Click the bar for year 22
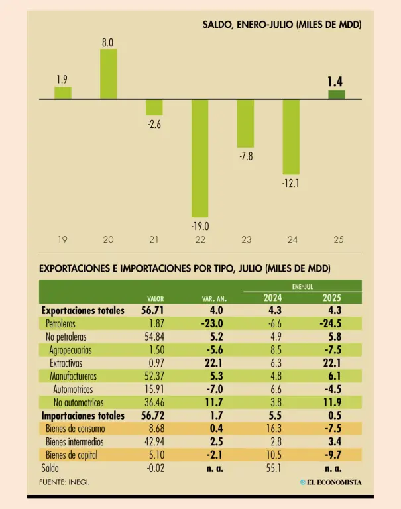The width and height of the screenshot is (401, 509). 200,158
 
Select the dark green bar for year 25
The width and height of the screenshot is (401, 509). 337,95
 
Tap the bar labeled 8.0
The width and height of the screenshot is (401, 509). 108,74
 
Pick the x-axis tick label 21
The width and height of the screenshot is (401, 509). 154,239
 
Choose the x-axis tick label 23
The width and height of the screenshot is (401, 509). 246,239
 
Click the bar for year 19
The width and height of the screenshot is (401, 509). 63,93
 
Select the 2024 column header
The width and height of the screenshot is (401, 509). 273,298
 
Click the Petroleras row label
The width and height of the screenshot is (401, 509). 60,323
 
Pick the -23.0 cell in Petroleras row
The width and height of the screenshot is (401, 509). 211,323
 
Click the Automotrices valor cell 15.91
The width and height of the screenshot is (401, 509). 152,389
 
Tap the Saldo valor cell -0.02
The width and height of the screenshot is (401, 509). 153,468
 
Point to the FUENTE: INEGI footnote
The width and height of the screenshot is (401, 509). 64,482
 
